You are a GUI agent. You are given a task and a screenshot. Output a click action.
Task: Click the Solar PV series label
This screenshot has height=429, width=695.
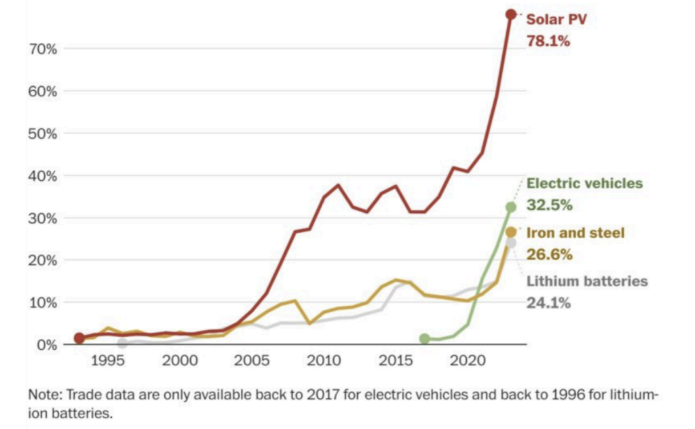click(x=556, y=19)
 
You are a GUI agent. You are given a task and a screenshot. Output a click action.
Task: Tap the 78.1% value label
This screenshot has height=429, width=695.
click(x=548, y=41)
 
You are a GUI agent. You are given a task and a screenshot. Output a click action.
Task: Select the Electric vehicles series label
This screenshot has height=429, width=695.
click(x=584, y=183)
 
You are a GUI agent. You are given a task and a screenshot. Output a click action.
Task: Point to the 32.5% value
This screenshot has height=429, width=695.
click(x=549, y=205)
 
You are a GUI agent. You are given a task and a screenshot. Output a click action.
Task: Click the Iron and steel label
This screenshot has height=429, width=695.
click(x=575, y=233)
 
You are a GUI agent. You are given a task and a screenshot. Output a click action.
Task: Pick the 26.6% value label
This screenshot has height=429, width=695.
click(x=549, y=254)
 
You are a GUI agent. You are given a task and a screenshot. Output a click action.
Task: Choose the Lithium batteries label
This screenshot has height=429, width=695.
click(x=587, y=281)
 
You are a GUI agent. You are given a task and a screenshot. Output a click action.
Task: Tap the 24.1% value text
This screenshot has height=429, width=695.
click(x=548, y=303)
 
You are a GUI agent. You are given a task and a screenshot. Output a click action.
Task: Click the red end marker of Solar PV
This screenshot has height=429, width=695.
click(x=511, y=14)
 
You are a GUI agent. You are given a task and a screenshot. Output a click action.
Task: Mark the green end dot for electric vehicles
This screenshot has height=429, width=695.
click(x=511, y=207)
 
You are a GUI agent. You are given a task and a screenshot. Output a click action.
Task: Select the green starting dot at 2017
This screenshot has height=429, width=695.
click(x=424, y=339)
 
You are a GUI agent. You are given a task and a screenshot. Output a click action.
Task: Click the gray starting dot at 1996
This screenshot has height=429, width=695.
click(x=122, y=343)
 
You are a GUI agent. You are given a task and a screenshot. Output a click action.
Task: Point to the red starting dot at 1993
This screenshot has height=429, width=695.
click(x=79, y=338)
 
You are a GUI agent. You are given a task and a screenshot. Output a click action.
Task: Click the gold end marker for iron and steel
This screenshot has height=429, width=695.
click(x=511, y=232)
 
